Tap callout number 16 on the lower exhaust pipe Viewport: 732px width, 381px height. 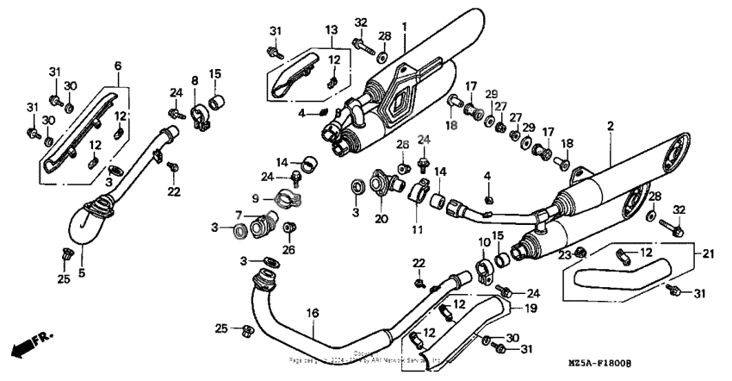pos(312,314)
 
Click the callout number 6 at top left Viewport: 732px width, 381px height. pos(118,66)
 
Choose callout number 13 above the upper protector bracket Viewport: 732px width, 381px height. pos(331,30)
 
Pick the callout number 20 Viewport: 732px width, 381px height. pos(380,219)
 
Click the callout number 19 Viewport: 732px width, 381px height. pos(531,307)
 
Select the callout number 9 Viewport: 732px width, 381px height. pos(255,197)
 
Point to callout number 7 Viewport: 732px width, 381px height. pos(239,215)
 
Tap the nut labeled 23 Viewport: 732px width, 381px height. pos(581,252)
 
